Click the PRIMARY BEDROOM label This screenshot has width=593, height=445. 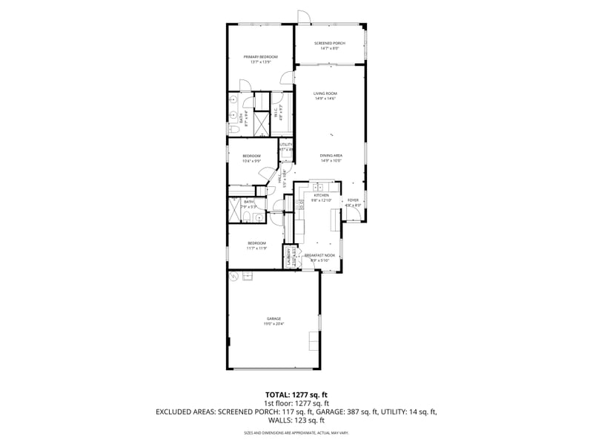(x=260, y=57)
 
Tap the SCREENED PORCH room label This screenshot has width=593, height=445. (x=330, y=44)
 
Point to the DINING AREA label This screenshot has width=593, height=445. (x=331, y=155)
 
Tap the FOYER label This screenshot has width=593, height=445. (x=353, y=200)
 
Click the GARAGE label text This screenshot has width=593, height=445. (x=274, y=319)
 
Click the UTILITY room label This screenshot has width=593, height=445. (x=286, y=145)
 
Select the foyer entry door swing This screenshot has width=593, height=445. (x=354, y=215)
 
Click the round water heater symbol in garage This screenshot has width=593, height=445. (x=234, y=277)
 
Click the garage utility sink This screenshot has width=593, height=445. (x=248, y=275)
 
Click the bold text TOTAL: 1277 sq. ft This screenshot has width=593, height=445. (x=296, y=395)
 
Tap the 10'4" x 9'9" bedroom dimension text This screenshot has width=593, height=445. (x=251, y=161)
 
